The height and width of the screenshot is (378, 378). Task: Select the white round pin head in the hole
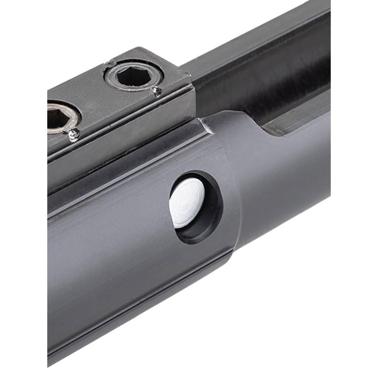click(x=186, y=208)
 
